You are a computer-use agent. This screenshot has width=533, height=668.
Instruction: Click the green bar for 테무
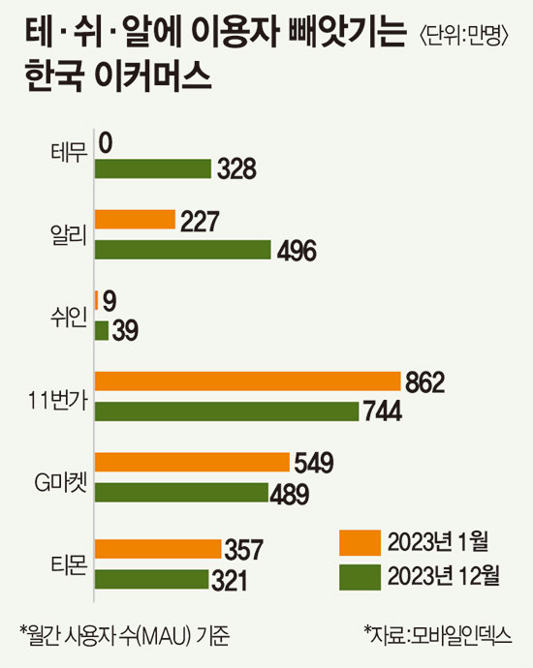[152, 169]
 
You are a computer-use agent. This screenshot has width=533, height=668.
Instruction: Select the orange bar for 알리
[134, 221]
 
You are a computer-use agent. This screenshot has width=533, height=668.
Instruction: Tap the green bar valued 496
[182, 250]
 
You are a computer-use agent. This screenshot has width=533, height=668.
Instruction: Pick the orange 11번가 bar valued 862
[247, 382]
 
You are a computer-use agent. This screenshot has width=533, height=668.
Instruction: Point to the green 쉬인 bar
[101, 331]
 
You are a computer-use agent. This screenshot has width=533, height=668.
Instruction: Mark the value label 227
[200, 221]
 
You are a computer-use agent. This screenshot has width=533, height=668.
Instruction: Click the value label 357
[243, 551]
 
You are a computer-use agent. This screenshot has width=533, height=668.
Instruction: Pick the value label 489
[289, 495]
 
